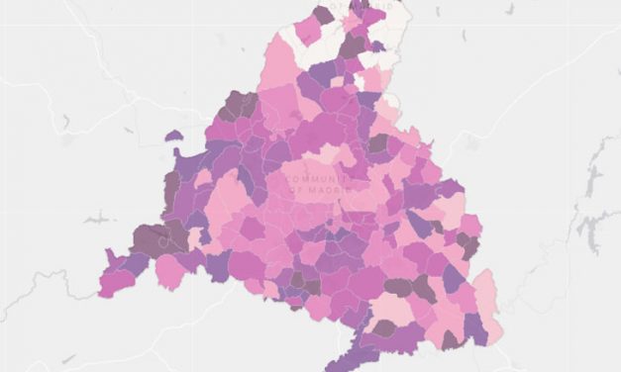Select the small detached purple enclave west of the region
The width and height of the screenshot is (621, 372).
pyautogui.click(x=174, y=136)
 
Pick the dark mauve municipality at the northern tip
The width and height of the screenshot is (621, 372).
pyautogui.click(x=323, y=15)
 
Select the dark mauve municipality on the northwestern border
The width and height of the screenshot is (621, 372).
pyautogui.click(x=238, y=104)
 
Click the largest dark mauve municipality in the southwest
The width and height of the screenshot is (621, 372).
pyautogui.click(x=150, y=238)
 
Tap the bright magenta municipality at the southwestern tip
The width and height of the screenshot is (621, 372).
pyautogui.click(x=117, y=282)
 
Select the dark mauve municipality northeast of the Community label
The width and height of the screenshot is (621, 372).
pyautogui.click(x=377, y=143)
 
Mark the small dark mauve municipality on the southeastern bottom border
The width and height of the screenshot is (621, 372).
pyautogui.click(x=450, y=341)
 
